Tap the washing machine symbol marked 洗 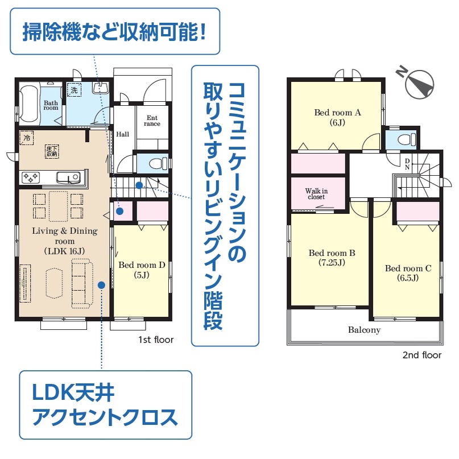[74, 90]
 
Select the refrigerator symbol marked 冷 [27, 138]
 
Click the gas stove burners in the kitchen [31, 177]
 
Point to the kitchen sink [68, 177]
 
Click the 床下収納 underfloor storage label [52, 151]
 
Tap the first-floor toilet [158, 164]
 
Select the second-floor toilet [407, 139]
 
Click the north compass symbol [417, 83]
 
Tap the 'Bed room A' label [337, 113]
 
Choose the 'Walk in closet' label [316, 194]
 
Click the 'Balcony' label [364, 330]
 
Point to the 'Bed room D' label [142, 265]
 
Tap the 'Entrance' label [152, 121]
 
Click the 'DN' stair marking [407, 164]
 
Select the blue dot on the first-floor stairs [139, 185]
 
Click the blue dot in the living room [102, 285]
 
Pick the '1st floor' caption [156, 340]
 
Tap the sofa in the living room [82, 283]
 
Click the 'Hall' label [122, 134]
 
